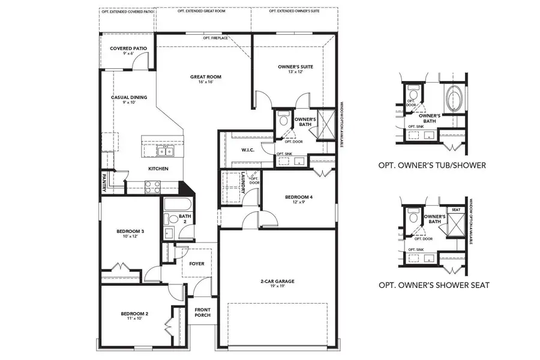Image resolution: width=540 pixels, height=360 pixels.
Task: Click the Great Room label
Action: click(x=202, y=76)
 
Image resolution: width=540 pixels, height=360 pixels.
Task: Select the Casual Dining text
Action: click(x=129, y=97)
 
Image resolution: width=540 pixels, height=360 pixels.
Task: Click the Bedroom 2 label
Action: click(x=134, y=314)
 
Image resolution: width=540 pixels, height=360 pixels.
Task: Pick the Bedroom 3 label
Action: click(x=130, y=231)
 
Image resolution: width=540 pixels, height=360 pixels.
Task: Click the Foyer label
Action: click(x=196, y=263)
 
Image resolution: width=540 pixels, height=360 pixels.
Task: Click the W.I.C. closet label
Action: click(x=248, y=150)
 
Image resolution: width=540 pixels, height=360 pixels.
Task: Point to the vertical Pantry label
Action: click(x=104, y=182)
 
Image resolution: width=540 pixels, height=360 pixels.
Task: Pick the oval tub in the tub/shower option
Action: click(x=453, y=97)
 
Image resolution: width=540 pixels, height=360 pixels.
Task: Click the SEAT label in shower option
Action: click(x=456, y=209)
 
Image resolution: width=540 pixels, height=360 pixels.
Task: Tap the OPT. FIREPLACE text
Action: click(x=215, y=38)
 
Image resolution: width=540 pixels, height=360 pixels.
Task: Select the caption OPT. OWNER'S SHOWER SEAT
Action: click(x=433, y=285)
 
